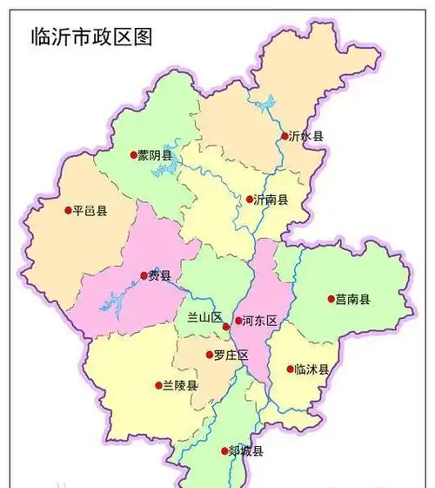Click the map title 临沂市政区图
tap(90, 36)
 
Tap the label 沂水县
tap(307, 137)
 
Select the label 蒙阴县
tap(156, 155)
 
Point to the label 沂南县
tap(271, 200)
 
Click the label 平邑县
tap(90, 210)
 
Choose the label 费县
tap(159, 276)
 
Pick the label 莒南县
tap(353, 299)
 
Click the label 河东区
tap(259, 322)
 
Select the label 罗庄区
tap(231, 355)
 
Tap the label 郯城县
tap(245, 451)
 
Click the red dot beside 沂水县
tap(284, 136)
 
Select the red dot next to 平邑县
tap(68, 209)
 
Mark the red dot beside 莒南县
tap(331, 299)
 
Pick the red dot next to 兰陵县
tap(158, 384)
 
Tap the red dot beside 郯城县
tap(224, 451)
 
